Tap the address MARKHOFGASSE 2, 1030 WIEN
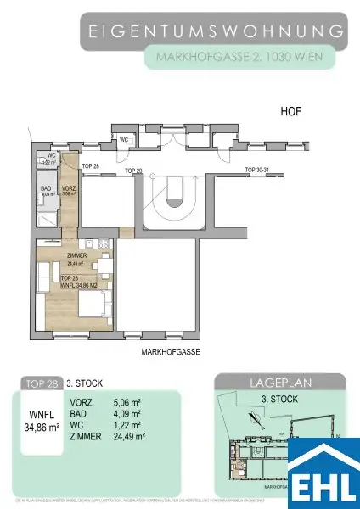coord(240,58)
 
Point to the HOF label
coord(291,111)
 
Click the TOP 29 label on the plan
coord(133,171)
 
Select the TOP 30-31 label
coord(256,171)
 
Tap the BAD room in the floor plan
coord(48,192)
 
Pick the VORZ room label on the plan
coord(71,187)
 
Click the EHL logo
coord(323,471)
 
